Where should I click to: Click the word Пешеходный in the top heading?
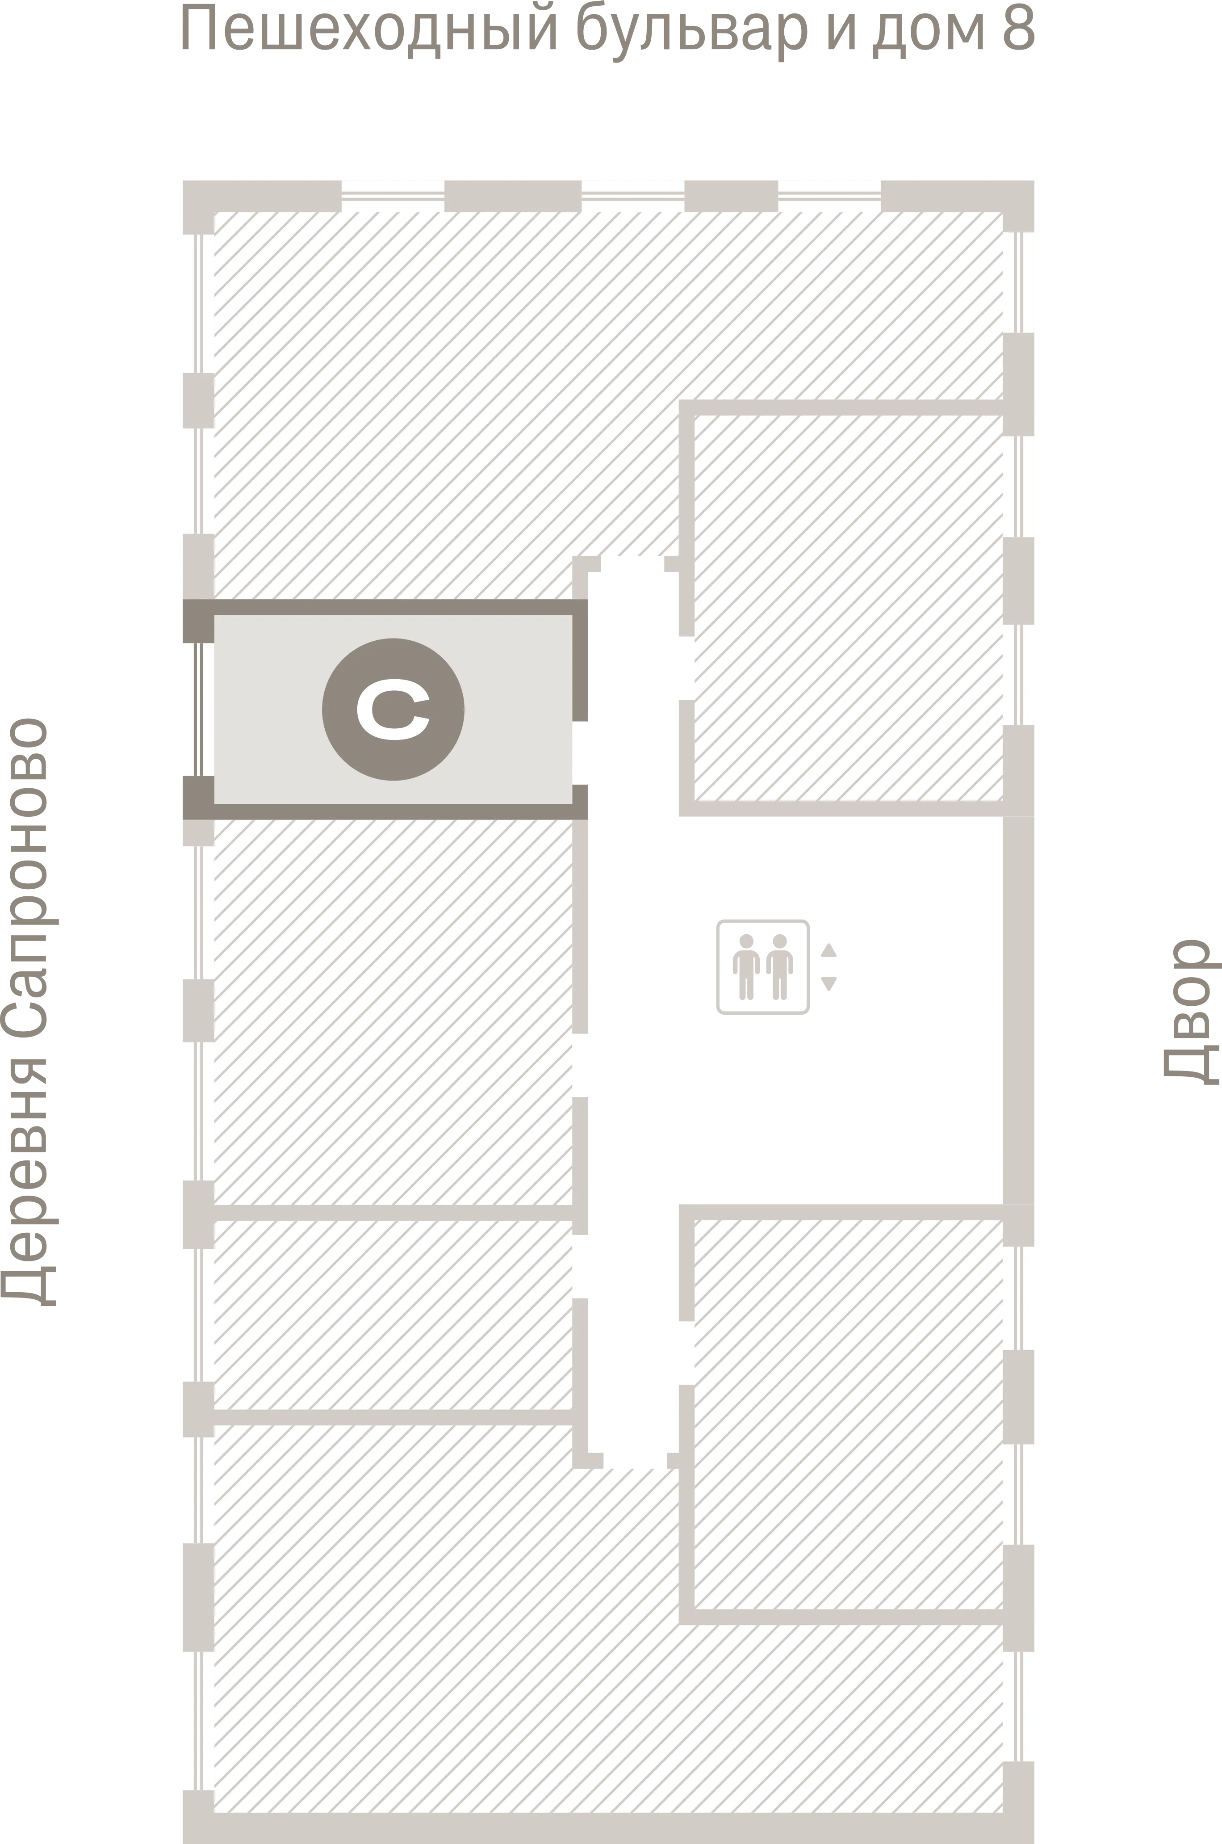370,29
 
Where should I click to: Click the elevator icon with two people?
763,967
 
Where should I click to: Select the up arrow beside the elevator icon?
829,949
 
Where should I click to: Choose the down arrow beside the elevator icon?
829,984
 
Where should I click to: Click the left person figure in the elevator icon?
747,967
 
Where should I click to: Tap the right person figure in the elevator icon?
779,967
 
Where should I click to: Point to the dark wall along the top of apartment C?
385,607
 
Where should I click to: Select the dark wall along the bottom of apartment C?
385,812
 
